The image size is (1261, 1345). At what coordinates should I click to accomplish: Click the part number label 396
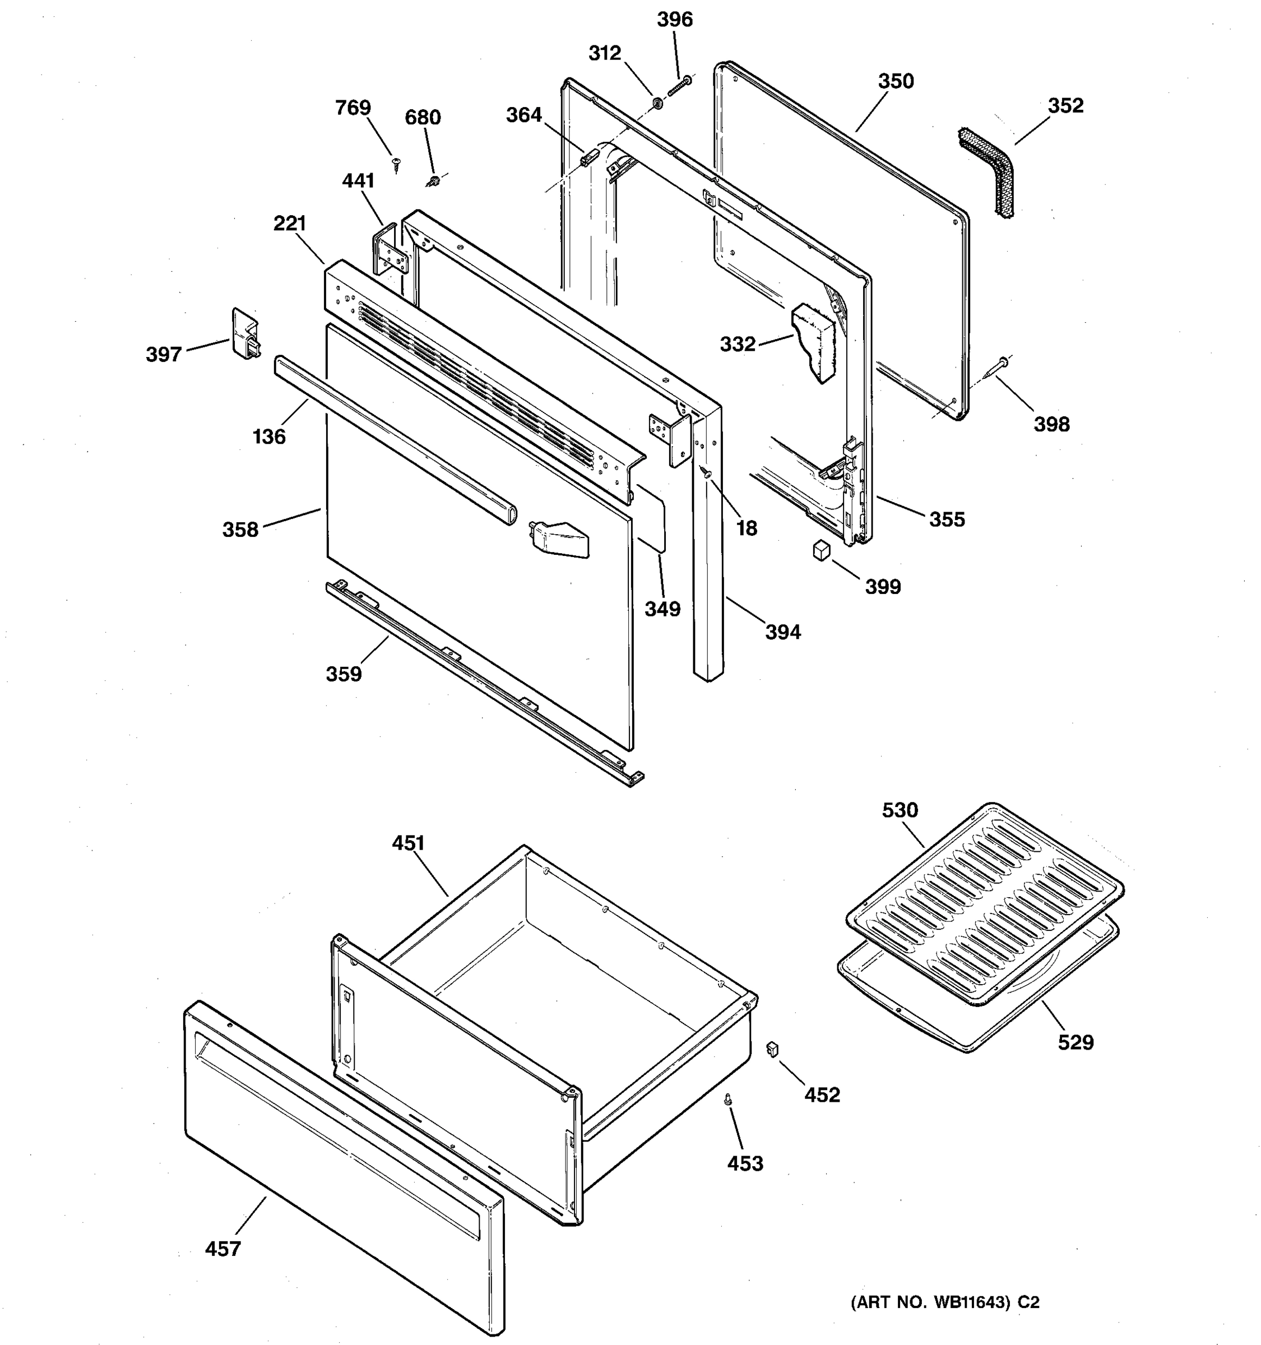point(674,20)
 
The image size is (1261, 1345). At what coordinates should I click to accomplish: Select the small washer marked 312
point(656,104)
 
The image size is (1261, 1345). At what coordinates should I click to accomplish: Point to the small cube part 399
point(821,550)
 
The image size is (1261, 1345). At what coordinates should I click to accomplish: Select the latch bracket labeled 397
point(245,334)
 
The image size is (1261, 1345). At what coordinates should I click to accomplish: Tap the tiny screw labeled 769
point(396,162)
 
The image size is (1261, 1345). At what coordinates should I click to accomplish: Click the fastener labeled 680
point(434,180)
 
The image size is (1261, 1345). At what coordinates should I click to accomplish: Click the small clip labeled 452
point(772,1049)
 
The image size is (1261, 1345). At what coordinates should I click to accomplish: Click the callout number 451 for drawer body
point(409,843)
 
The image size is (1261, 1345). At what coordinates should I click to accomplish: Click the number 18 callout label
point(746,528)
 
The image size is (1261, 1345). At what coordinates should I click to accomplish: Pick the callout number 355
point(947,519)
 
